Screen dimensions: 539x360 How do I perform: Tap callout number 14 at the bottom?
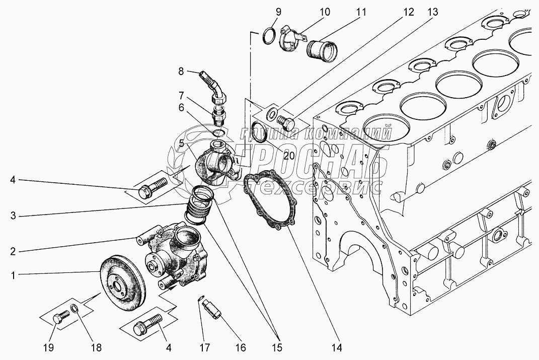tap(337, 347)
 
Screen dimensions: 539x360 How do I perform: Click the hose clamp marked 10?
tap(292, 39)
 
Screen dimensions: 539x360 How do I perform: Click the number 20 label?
tap(289, 156)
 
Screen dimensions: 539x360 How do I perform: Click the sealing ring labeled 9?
tap(269, 36)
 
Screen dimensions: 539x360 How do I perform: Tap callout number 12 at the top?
tap(408, 13)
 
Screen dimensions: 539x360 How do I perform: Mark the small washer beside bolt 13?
tap(271, 113)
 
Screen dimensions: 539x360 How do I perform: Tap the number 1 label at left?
tap(13, 275)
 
